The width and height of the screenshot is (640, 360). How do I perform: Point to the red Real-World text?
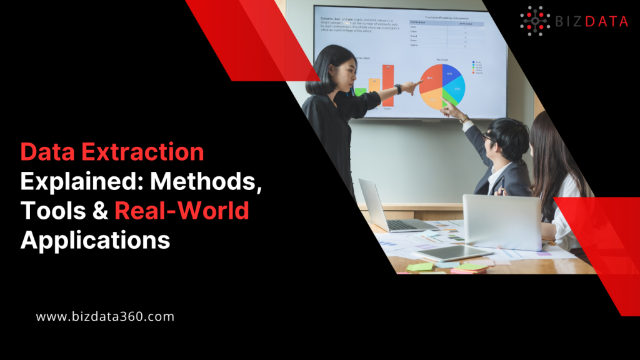[x=182, y=211]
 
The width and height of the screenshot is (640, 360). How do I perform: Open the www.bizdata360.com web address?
[x=105, y=317]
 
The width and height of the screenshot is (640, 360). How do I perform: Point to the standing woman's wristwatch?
[x=398, y=89]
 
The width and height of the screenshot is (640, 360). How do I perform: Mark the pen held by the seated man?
[x=500, y=184]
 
